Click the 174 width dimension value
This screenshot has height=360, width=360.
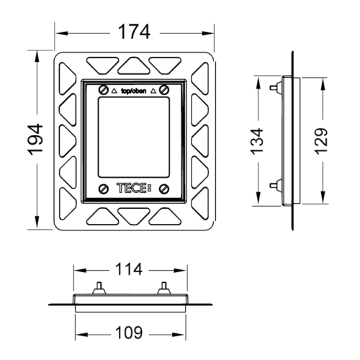point(135,32)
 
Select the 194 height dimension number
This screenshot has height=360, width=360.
point(35,139)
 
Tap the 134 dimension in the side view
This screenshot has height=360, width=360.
point(257,141)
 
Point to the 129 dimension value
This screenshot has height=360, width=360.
point(321,141)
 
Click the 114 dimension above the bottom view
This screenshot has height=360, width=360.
point(129,269)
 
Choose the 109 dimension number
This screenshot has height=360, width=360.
point(129,333)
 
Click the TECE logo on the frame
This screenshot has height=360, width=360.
point(134,188)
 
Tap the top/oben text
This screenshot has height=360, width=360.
point(133,91)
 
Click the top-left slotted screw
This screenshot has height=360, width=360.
point(104,90)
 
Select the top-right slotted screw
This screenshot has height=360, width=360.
point(164,90)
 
